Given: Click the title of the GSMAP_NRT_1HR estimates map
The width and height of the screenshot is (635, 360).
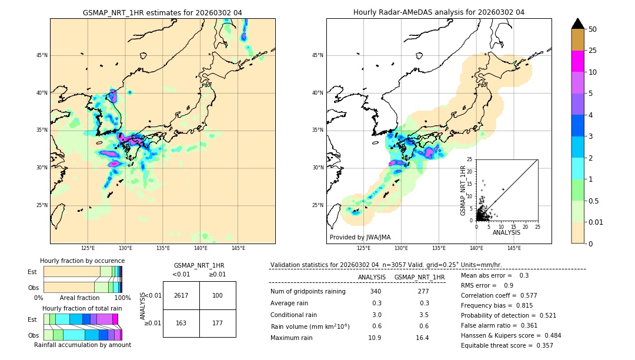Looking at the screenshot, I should [x=162, y=12].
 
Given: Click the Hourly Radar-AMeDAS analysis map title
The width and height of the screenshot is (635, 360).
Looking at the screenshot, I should [x=439, y=12].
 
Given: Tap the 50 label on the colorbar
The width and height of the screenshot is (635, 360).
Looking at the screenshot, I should [x=593, y=29].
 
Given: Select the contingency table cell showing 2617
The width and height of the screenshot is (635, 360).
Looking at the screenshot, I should [x=181, y=295].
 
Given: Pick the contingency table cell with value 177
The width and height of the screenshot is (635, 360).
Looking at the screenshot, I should [x=218, y=323].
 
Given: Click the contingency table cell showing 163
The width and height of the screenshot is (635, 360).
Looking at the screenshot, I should [x=181, y=323].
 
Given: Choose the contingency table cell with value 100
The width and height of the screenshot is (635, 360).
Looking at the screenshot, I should [x=218, y=295].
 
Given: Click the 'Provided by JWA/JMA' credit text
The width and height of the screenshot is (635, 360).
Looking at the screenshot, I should [x=360, y=238].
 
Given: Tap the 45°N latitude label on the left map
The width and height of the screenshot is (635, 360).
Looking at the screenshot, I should [x=42, y=55].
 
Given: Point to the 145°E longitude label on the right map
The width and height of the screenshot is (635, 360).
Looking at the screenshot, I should [x=514, y=249].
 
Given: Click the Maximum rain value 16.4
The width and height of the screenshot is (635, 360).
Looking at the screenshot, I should [x=422, y=338].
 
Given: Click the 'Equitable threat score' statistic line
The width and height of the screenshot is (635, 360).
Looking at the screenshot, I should [x=507, y=345].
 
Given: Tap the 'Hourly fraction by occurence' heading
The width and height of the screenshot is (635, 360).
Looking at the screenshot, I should [x=82, y=261].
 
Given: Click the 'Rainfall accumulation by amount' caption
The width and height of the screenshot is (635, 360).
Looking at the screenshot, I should [x=82, y=345].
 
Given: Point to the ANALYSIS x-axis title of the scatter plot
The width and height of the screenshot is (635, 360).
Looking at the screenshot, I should [x=506, y=232].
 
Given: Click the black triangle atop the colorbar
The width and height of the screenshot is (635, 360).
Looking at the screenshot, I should [x=578, y=24].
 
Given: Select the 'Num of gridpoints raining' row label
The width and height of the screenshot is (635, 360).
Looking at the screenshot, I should [x=308, y=292].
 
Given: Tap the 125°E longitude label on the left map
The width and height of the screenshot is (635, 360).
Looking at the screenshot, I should [x=88, y=249].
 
